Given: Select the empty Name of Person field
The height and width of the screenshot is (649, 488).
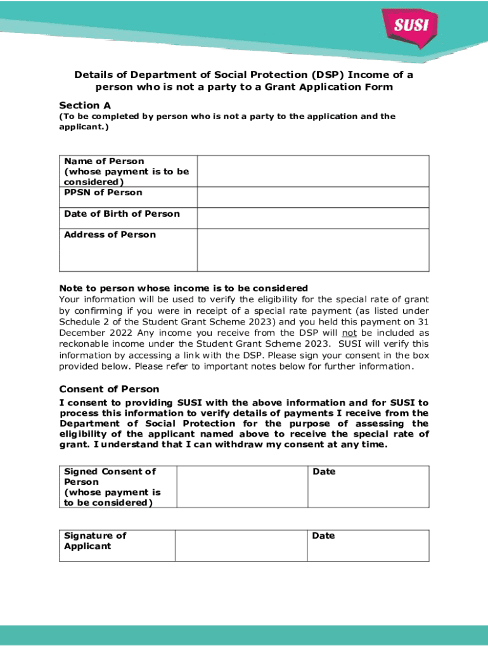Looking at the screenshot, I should click(312, 170).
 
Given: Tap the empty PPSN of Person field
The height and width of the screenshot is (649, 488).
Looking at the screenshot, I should click(312, 197).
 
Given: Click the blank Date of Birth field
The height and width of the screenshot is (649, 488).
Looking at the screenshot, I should click(312, 218).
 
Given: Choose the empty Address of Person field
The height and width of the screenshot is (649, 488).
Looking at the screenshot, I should click(312, 250).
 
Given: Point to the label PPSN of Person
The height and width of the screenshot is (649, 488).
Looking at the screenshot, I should click(103, 193).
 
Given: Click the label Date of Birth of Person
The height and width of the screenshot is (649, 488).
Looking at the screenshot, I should click(122, 214).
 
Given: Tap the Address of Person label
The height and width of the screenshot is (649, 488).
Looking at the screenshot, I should click(110, 235).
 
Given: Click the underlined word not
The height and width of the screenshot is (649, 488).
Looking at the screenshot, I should click(349, 333).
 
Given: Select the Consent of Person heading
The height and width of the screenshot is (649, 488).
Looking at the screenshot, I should click(109, 389).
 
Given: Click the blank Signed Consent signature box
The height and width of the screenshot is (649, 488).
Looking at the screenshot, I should click(241, 487).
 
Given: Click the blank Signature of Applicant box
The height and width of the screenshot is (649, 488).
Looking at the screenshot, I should click(241, 545).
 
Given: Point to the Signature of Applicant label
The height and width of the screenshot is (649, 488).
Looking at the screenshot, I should click(95, 541).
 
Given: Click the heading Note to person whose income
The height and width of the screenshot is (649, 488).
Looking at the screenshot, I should click(183, 288).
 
